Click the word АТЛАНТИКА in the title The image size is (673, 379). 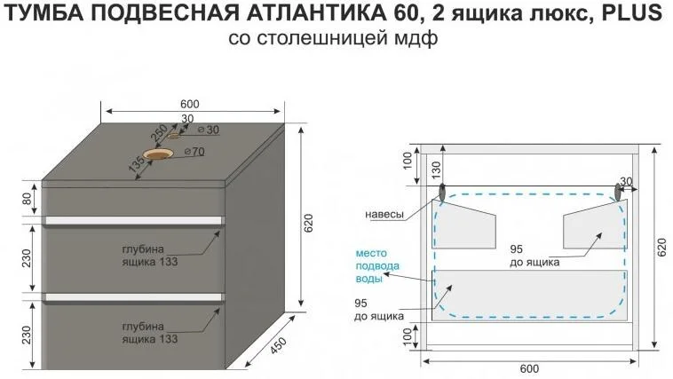(x=317, y=13)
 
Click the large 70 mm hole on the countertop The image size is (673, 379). (x=158, y=154)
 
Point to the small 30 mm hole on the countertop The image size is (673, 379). (x=173, y=136)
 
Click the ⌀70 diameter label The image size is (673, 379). (x=194, y=152)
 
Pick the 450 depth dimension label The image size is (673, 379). (x=278, y=346)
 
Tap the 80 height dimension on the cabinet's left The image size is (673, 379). (x=27, y=199)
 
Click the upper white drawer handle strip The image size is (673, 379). (x=133, y=220)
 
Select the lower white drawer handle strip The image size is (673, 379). (x=133, y=297)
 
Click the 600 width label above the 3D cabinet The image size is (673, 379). (x=190, y=104)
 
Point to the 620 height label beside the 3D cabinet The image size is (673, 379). (x=309, y=223)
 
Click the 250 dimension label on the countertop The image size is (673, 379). (x=159, y=134)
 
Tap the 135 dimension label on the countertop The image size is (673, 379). (x=138, y=164)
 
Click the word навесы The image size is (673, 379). (x=384, y=214)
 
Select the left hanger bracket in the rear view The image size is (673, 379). (x=442, y=192)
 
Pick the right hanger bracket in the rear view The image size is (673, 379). (x=618, y=192)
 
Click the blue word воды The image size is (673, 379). (x=368, y=279)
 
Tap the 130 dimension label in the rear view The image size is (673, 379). (x=436, y=170)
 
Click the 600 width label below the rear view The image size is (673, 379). (x=529, y=368)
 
